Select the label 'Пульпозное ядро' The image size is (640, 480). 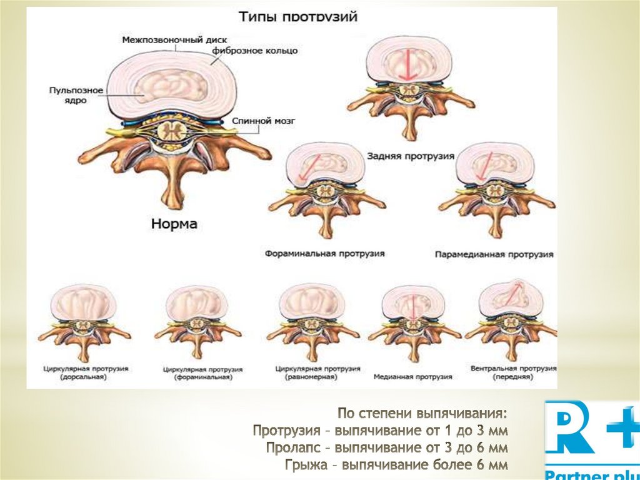coord(67,95)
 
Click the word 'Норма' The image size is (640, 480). coord(173,223)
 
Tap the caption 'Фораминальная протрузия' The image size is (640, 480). coord(324,254)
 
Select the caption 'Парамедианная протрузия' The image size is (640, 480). coord(494,255)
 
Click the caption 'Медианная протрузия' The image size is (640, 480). coord(412,377)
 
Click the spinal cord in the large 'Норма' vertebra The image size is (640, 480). coord(170,131)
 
